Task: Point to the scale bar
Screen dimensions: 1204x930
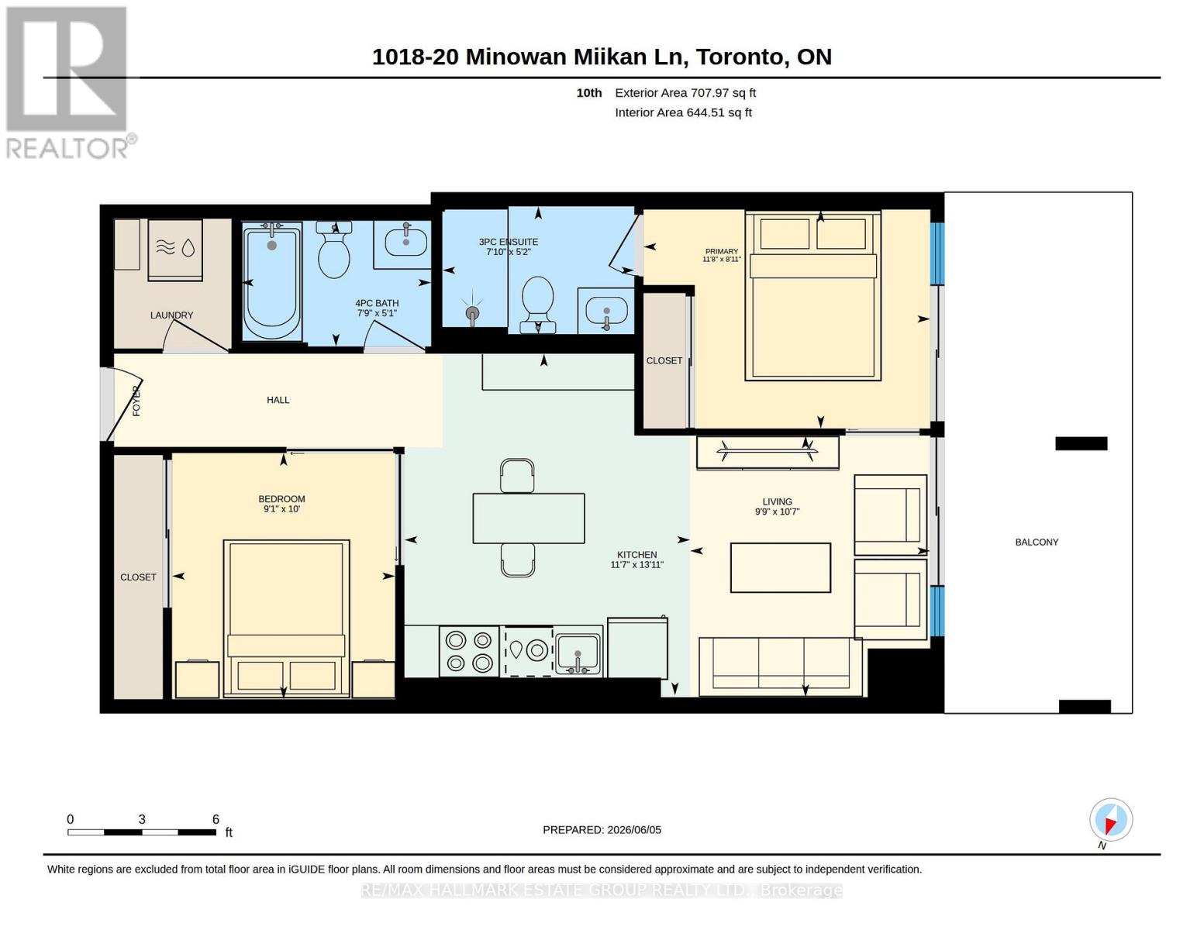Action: pos(142,832)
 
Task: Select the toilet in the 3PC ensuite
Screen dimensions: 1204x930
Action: pos(537,305)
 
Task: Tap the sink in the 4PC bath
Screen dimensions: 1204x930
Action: pos(405,242)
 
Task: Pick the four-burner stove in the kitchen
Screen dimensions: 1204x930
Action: pos(469,652)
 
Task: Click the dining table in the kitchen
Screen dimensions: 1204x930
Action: pos(529,518)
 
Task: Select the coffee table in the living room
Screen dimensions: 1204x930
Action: pos(780,568)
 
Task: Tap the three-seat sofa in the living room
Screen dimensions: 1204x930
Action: pos(781,666)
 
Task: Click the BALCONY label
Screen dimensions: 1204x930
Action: pos(1037,542)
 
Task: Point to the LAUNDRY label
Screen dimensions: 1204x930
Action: pos(172,315)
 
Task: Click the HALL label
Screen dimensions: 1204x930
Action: pos(278,400)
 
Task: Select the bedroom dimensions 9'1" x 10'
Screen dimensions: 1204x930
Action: pos(281,509)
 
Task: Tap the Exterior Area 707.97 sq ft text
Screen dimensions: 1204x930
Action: pos(685,93)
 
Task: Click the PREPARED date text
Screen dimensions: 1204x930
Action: pos(602,830)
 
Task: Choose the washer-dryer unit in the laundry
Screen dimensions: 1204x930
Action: pos(175,250)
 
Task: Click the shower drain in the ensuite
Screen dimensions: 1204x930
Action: pos(472,315)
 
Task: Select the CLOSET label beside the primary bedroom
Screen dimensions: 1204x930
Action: pos(664,360)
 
